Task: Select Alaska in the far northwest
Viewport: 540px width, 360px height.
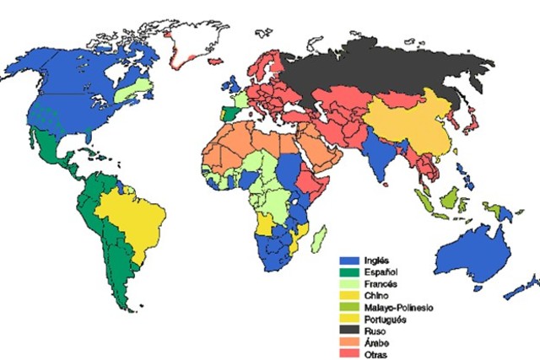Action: pyautogui.click(x=25, y=63)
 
